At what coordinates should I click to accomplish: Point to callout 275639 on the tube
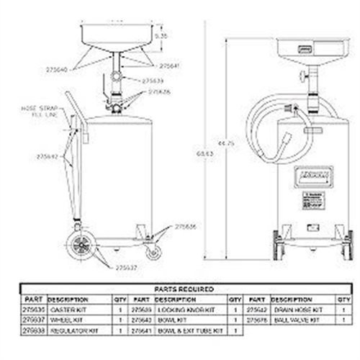(x=152, y=81)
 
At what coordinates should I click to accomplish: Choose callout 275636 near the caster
(x=185, y=226)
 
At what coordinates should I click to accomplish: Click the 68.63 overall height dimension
(x=209, y=153)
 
